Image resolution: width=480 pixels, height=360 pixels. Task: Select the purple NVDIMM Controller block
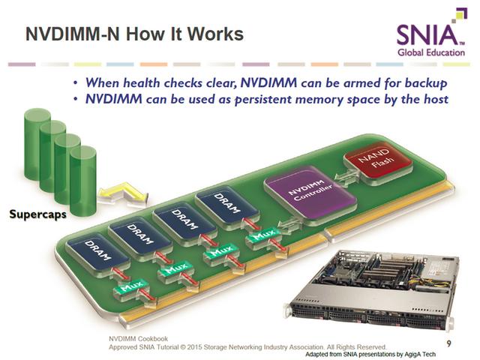click(310, 192)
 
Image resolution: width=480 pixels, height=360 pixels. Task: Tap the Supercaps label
click(37, 214)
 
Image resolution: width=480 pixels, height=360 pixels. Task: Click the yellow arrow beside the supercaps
click(123, 193)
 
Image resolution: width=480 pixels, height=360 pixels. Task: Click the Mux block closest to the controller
click(263, 235)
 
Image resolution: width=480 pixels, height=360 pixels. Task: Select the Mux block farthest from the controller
click(131, 287)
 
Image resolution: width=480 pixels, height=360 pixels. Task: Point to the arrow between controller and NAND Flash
click(346, 176)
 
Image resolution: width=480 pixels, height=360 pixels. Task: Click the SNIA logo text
click(427, 34)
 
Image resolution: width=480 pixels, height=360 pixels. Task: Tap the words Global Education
click(431, 52)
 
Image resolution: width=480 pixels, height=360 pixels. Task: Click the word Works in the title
click(216, 34)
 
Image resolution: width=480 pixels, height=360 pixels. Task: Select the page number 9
click(448, 343)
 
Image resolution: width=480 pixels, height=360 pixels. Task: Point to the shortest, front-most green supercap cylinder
click(83, 181)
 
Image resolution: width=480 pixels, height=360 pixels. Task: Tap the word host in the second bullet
click(436, 99)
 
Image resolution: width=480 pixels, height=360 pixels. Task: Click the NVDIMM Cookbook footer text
click(138, 339)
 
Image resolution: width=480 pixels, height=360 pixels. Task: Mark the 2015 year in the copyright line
click(194, 347)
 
